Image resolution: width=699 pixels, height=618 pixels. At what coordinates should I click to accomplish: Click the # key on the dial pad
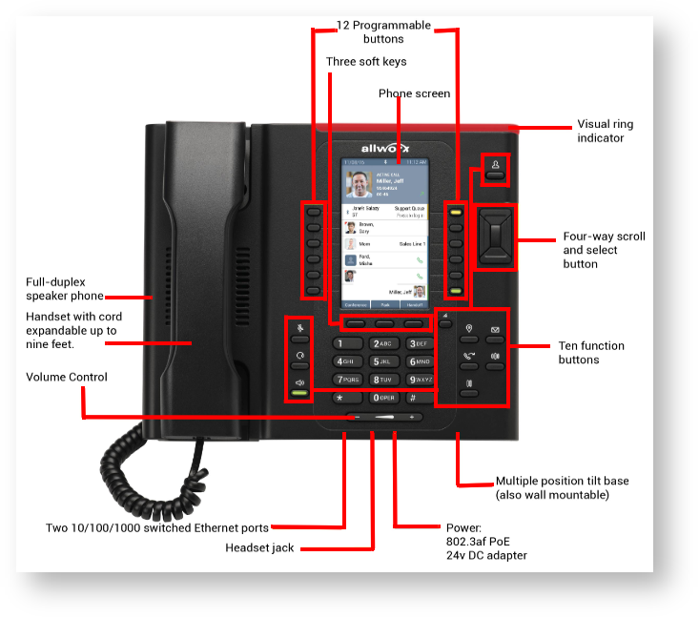413,397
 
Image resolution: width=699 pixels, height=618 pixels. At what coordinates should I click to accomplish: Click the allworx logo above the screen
384,148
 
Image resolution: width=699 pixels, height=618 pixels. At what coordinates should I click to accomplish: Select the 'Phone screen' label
414,93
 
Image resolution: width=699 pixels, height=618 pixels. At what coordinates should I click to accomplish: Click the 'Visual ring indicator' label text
605,131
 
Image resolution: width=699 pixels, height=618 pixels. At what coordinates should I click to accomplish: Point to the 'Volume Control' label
67,377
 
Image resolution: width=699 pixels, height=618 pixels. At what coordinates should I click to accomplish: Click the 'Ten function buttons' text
592,352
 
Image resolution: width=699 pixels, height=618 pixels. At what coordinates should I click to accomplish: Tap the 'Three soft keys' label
366,62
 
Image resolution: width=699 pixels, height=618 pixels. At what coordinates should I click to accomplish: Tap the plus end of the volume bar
412,418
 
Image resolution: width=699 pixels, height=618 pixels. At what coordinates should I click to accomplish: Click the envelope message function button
496,331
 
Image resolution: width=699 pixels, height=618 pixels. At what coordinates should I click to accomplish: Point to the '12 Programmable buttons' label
383,31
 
